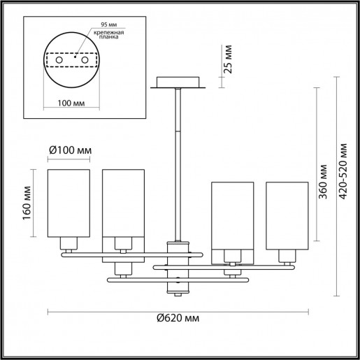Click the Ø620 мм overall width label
tap(179, 319)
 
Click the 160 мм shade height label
tap(27, 203)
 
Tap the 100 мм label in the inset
tap(67, 103)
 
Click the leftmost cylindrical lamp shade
tap(68, 203)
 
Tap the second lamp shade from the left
tap(123, 203)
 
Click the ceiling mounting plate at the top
tap(179, 82)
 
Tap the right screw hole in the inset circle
tap(86, 62)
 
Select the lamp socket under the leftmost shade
tap(69, 243)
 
